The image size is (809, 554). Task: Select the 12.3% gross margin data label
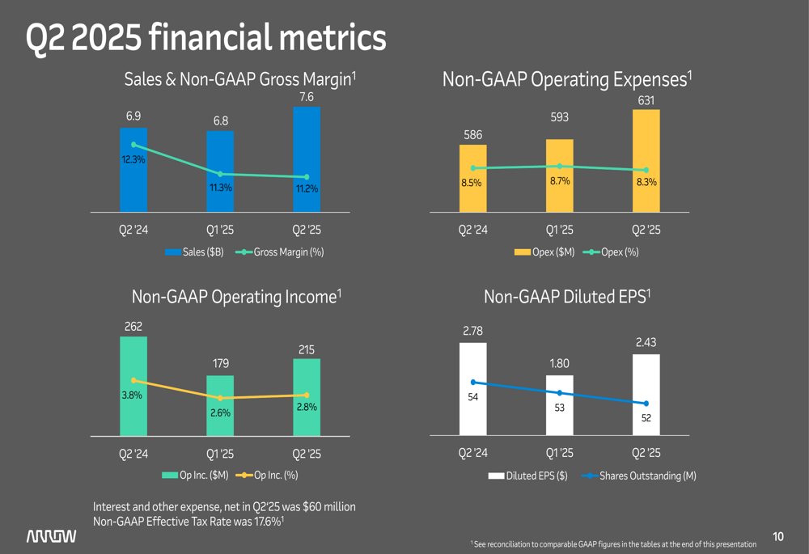133,160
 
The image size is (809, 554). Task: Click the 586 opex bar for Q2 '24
473,179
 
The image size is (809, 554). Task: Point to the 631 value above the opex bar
646,100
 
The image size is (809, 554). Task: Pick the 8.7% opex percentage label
559,181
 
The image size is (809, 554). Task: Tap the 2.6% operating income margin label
220,412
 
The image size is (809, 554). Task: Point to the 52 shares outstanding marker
646,404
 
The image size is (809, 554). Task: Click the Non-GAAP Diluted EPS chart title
567,297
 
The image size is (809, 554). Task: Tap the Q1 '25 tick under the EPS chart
559,454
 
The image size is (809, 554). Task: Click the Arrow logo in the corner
51,536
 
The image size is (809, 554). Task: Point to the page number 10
778,536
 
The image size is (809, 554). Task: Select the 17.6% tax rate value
267,522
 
